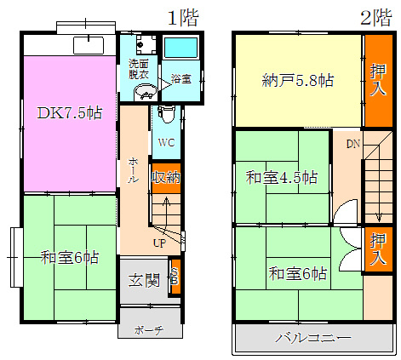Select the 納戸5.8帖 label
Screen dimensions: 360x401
pyautogui.click(x=296, y=82)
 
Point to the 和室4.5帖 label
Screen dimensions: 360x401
pyautogui.click(x=282, y=177)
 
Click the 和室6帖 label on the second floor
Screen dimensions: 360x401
pyautogui.click(x=298, y=273)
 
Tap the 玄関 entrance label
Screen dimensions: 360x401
pyautogui.click(x=144, y=279)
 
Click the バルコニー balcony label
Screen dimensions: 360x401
pyautogui.click(x=312, y=338)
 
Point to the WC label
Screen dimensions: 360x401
pyautogui.click(x=165, y=143)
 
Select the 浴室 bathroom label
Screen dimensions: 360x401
pyautogui.click(x=180, y=78)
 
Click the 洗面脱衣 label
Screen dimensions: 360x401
pyautogui.click(x=139, y=69)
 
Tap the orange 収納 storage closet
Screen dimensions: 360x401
pyautogui.click(x=166, y=177)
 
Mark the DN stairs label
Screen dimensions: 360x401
pyautogui.click(x=353, y=143)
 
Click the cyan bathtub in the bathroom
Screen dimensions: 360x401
pyautogui.click(x=180, y=51)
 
